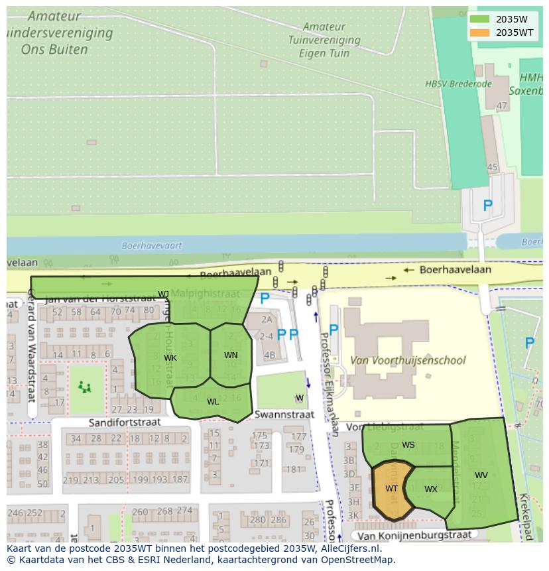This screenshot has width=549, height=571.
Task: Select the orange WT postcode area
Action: [x=391, y=489]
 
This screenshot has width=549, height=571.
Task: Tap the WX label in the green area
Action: [x=431, y=489]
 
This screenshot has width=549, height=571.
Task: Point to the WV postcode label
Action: [x=481, y=476]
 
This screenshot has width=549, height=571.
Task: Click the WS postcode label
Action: [x=408, y=445]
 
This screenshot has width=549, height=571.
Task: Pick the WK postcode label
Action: [x=170, y=358]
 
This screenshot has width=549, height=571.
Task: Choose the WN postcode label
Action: [x=231, y=355]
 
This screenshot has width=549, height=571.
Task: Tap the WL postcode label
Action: [x=213, y=402]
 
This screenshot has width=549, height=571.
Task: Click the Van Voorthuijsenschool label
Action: [x=408, y=361]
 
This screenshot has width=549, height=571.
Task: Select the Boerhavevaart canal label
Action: [x=152, y=245]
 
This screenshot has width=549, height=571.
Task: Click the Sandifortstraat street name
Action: [x=125, y=422]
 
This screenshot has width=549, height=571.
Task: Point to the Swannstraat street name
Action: [x=284, y=414]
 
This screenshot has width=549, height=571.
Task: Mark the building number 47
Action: [x=502, y=105]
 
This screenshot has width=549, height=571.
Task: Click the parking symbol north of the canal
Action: [x=487, y=206]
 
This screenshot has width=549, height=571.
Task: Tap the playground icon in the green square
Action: [x=84, y=387]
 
